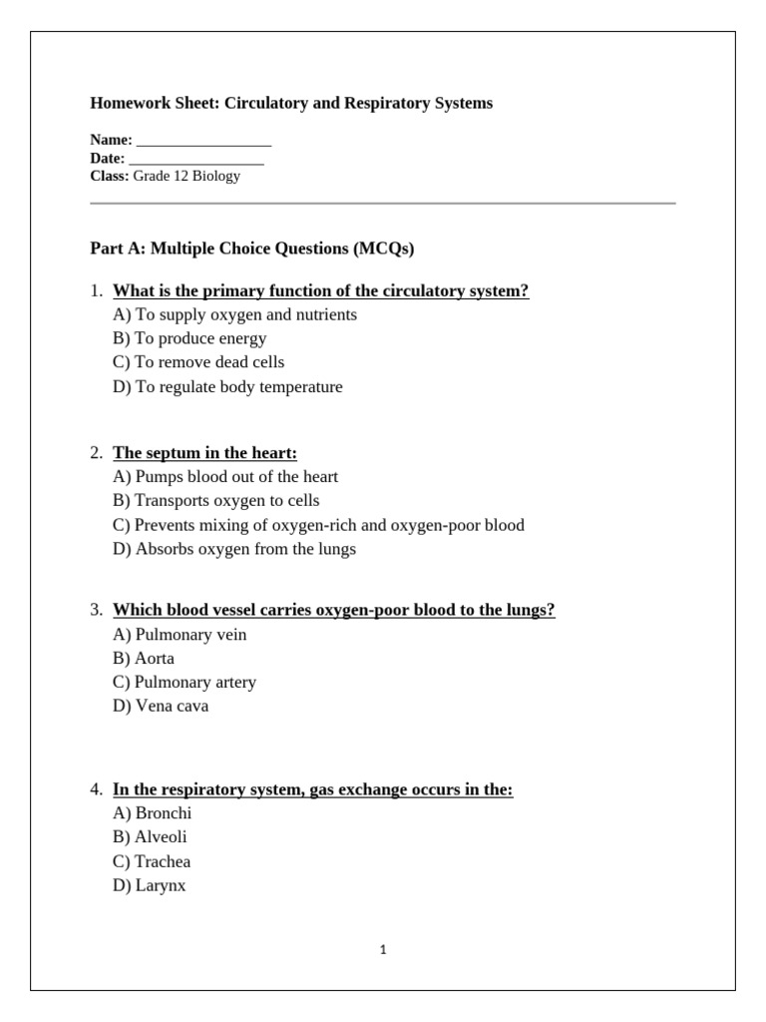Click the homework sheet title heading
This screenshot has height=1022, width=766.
(291, 104)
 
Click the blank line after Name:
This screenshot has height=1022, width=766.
(203, 142)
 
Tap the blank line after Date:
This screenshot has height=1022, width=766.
(196, 160)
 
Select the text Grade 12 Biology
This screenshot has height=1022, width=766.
(187, 177)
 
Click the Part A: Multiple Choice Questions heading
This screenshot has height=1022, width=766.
(251, 249)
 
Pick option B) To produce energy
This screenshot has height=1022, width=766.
(190, 338)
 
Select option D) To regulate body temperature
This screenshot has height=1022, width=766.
(227, 386)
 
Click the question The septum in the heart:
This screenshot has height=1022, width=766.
(204, 453)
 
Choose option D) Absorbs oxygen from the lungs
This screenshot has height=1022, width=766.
(234, 549)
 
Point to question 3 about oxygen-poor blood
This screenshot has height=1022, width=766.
(333, 611)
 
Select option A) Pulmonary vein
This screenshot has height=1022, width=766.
(180, 635)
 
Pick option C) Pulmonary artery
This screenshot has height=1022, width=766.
(185, 683)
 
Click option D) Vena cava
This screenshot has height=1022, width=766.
(161, 707)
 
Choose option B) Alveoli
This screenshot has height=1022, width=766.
(150, 837)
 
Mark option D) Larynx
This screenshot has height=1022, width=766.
(150, 885)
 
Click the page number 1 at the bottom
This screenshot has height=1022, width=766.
(383, 950)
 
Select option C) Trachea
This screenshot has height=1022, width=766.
(152, 861)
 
